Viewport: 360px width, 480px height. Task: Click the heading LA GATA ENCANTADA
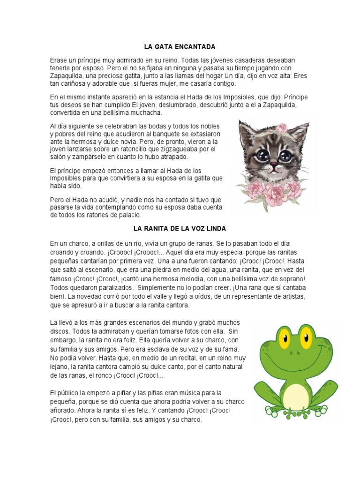pos(180,47)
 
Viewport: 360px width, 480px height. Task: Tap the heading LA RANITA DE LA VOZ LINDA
pos(180,229)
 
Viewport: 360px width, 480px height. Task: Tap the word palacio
pos(127,215)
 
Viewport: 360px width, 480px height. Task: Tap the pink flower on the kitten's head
pos(283,128)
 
